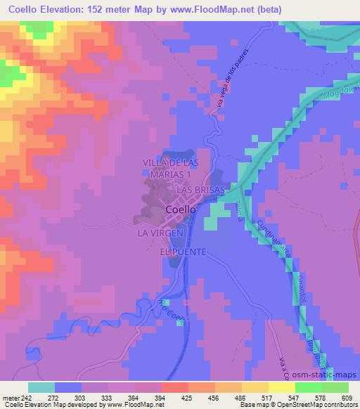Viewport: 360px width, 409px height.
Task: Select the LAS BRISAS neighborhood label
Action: (200, 190)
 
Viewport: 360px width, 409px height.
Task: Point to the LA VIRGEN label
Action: (160, 233)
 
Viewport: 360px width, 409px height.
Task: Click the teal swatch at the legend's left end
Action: (41, 387)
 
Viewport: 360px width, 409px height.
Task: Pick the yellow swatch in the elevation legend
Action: (282, 387)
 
